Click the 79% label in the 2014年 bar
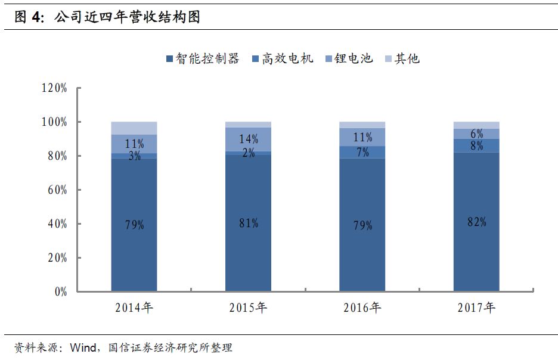[134, 225]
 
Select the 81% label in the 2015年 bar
[248, 223]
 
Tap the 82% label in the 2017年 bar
[476, 222]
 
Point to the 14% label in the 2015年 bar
[248, 139]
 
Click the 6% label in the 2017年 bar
[476, 134]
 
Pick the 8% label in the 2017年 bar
[476, 145]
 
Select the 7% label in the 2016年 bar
[362, 153]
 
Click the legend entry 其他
[402, 58]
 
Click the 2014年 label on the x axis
[134, 308]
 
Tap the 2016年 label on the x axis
[362, 308]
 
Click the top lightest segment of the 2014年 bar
[134, 128]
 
